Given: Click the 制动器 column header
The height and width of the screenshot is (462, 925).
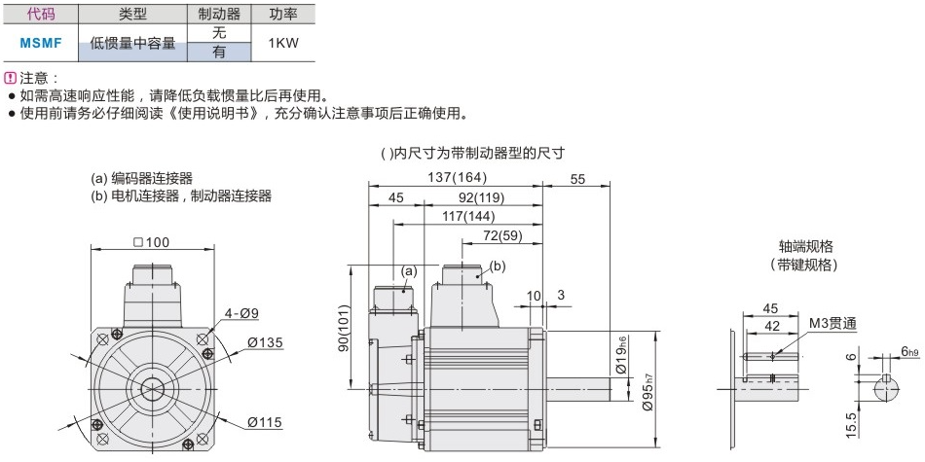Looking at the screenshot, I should pos(218,15).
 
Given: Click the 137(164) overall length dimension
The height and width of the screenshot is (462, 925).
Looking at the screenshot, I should pos(456,177).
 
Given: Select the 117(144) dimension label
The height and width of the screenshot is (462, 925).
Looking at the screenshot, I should pos(467,216).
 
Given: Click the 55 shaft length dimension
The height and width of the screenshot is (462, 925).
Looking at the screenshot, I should pos(577,177).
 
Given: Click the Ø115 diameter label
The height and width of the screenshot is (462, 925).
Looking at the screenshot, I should pos(264,421).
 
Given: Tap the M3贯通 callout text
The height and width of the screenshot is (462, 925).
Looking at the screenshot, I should pos(831,323).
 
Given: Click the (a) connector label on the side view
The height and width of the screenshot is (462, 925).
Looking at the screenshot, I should pos(409,269).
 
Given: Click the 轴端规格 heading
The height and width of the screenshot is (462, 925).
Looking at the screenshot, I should pos(805,246).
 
